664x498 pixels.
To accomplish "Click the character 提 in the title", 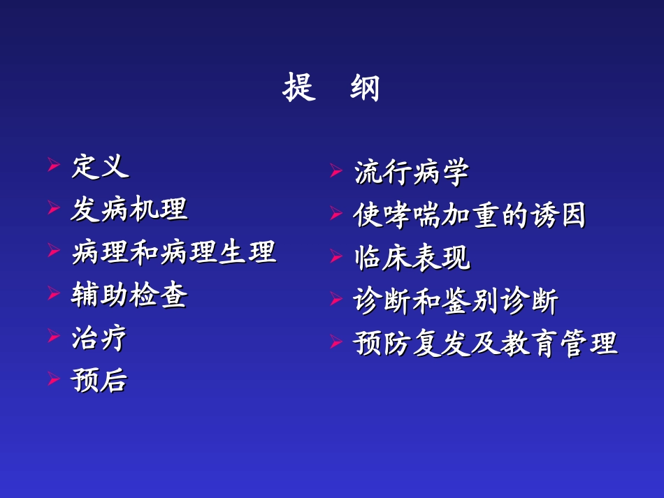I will pyautogui.click(x=299, y=89).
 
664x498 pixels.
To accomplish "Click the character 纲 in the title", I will pyautogui.click(x=364, y=89).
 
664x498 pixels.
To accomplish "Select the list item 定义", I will pyautogui.click(x=100, y=167).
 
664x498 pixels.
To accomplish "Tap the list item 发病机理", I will pyautogui.click(x=129, y=210).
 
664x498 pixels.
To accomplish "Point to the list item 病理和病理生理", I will pyautogui.click(x=174, y=252).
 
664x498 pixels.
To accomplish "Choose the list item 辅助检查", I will pyautogui.click(x=129, y=295).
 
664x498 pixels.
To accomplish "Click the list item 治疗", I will pyautogui.click(x=100, y=338).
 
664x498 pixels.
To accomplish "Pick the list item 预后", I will pyautogui.click(x=100, y=381).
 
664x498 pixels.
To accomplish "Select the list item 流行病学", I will pyautogui.click(x=412, y=173).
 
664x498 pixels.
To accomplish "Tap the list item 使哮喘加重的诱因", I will pyautogui.click(x=470, y=216).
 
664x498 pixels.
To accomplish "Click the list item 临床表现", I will pyautogui.click(x=412, y=258).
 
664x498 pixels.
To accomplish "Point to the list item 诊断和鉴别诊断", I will pyautogui.click(x=456, y=302).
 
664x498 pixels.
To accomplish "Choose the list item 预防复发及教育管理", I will pyautogui.click(x=486, y=344).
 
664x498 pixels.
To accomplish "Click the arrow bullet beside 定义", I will pyautogui.click(x=53, y=166).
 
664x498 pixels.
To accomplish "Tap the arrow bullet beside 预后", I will pyautogui.click(x=53, y=380).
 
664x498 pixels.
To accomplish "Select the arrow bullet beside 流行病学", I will pyautogui.click(x=335, y=172).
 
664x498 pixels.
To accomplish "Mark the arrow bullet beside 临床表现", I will pyautogui.click(x=335, y=258).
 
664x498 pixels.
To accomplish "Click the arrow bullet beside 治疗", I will pyautogui.click(x=53, y=337).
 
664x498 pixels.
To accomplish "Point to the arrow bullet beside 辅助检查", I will pyautogui.click(x=53, y=294).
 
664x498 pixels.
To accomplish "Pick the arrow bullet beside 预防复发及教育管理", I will pyautogui.click(x=335, y=343).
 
